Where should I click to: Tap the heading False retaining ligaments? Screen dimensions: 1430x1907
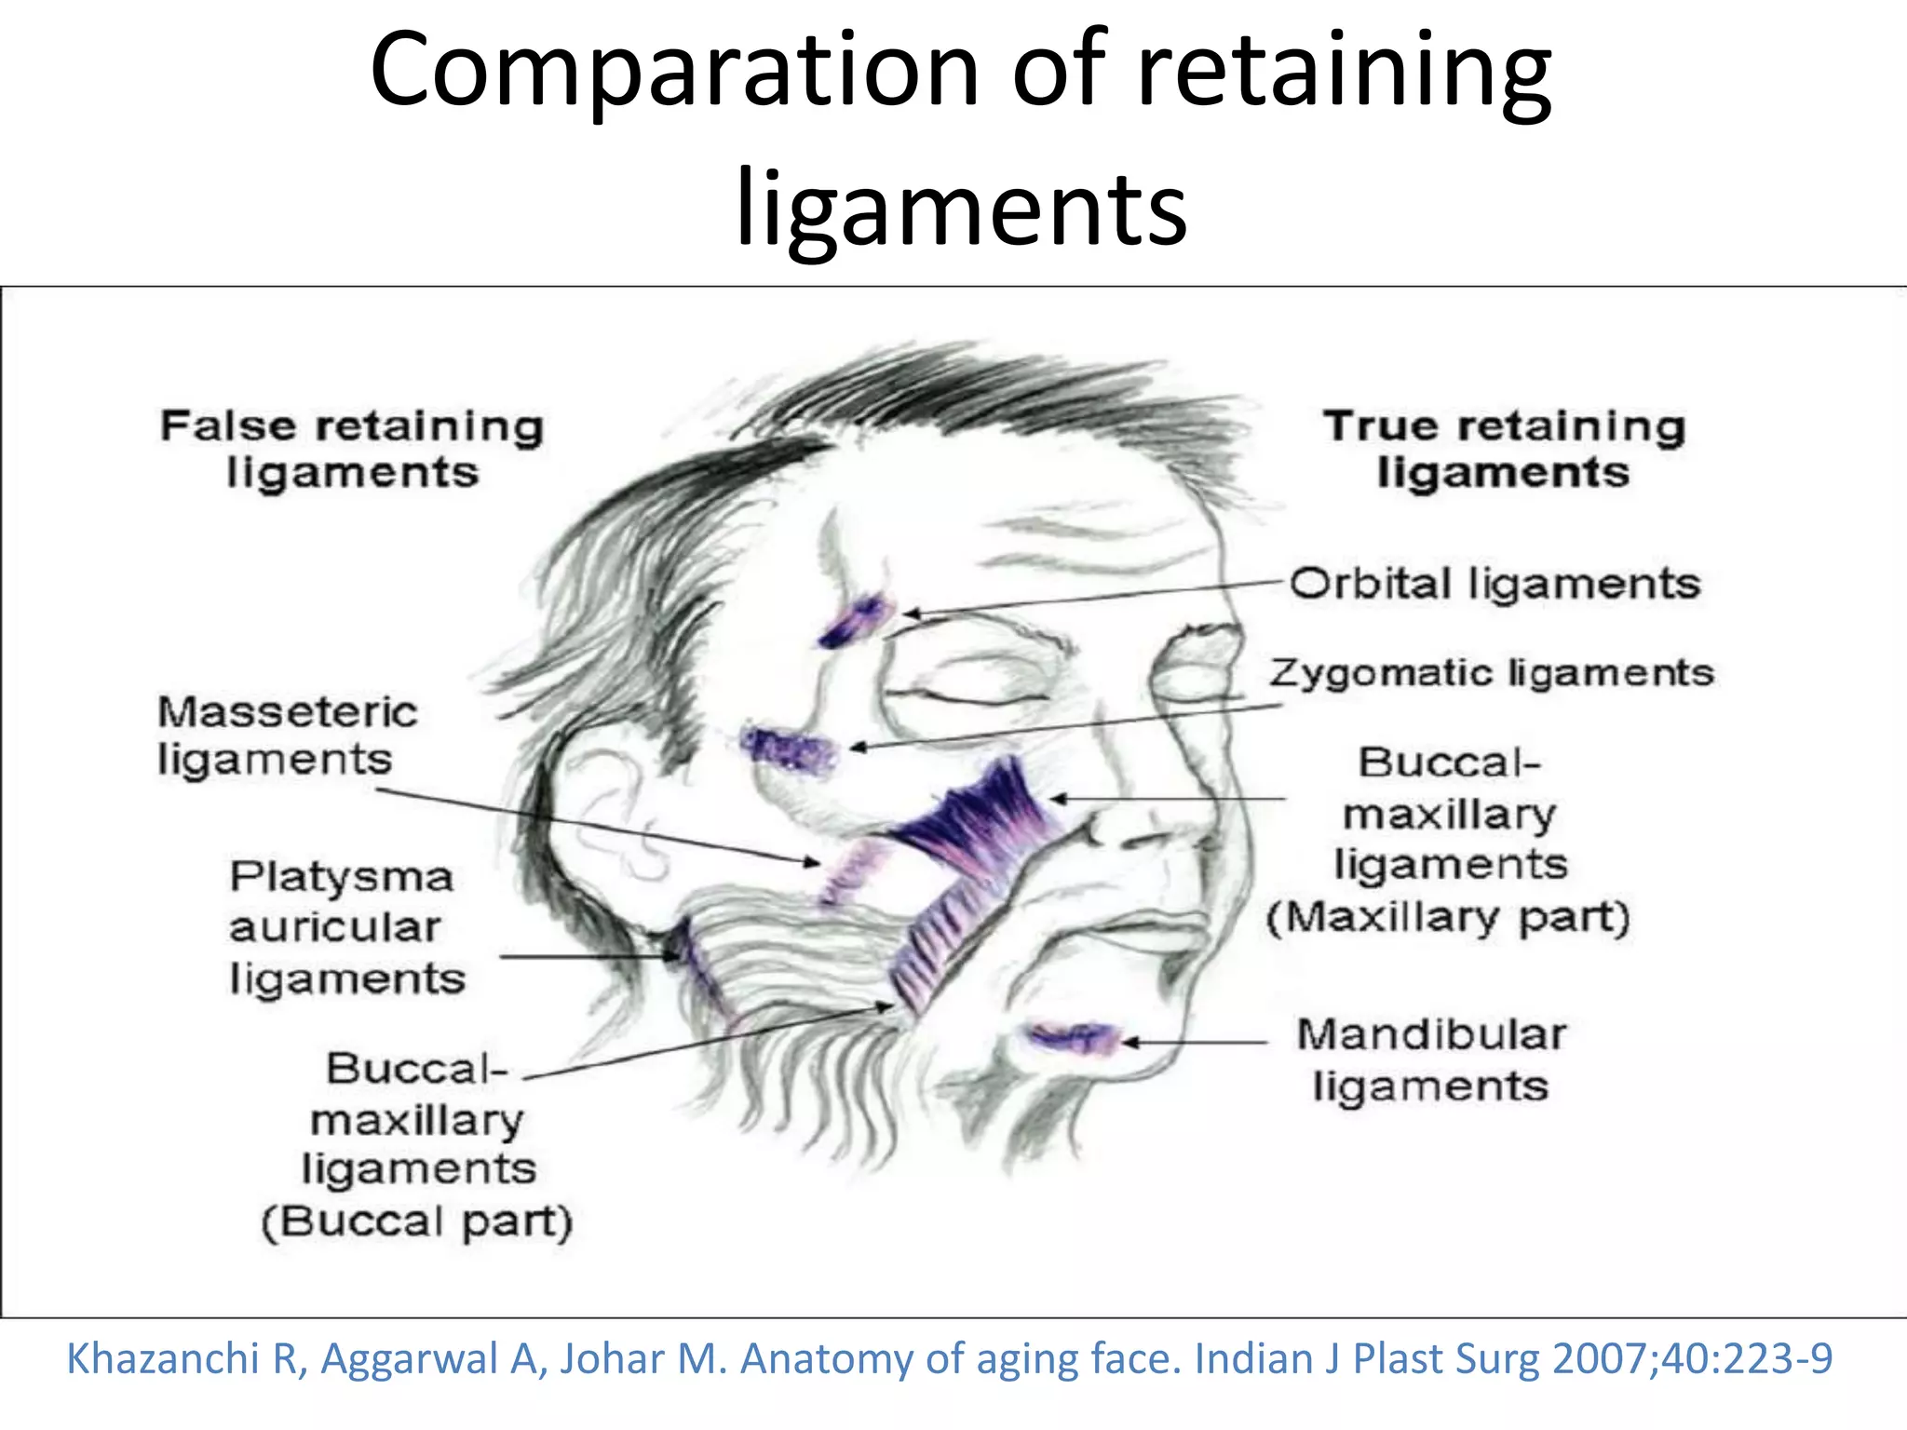(x=351, y=449)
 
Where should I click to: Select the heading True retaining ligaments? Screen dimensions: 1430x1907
(x=1504, y=449)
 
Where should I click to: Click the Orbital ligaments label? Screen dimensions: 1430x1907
(x=1494, y=585)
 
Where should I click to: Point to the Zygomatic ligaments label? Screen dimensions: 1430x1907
(x=1491, y=672)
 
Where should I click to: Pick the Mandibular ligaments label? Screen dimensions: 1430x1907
(x=1431, y=1060)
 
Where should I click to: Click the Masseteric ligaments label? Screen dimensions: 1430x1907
(x=287, y=735)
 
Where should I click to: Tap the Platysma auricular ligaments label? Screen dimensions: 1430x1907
(x=345, y=927)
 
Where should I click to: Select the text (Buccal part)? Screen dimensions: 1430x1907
(x=416, y=1221)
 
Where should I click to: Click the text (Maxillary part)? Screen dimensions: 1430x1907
(x=1448, y=917)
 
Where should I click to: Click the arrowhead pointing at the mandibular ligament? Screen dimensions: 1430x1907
(x=1130, y=1043)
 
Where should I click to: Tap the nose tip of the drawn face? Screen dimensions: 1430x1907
(x=1103, y=829)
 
